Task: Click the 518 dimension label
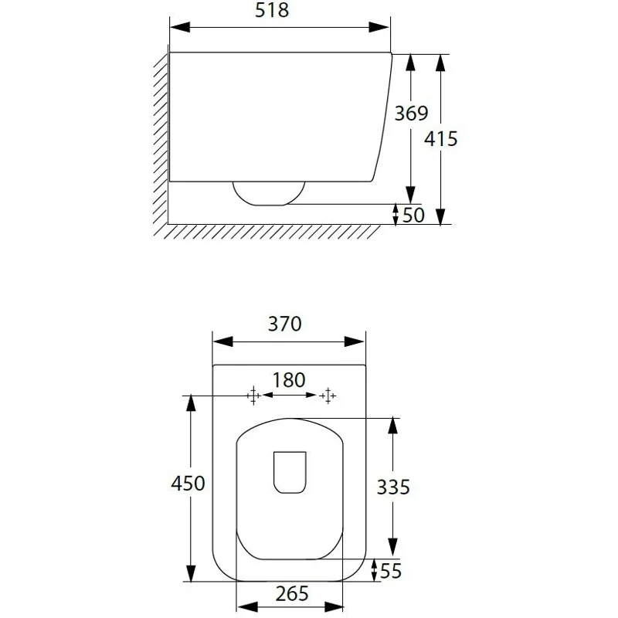tap(272, 10)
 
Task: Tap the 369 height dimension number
tap(411, 114)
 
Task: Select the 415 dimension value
tap(440, 139)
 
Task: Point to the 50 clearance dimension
tap(413, 216)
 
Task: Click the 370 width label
tap(284, 324)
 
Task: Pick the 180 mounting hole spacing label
tap(289, 380)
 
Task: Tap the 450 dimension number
tap(188, 484)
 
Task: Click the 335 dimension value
tap(393, 487)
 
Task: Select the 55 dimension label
tap(391, 571)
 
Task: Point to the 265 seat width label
tap(292, 594)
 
